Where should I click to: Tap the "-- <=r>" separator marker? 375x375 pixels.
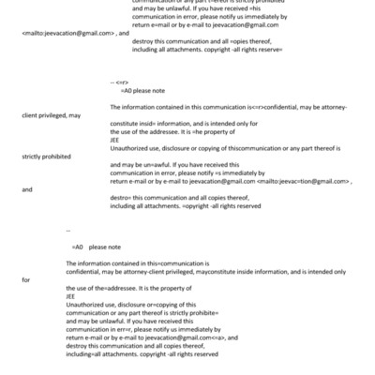click(120, 97)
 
